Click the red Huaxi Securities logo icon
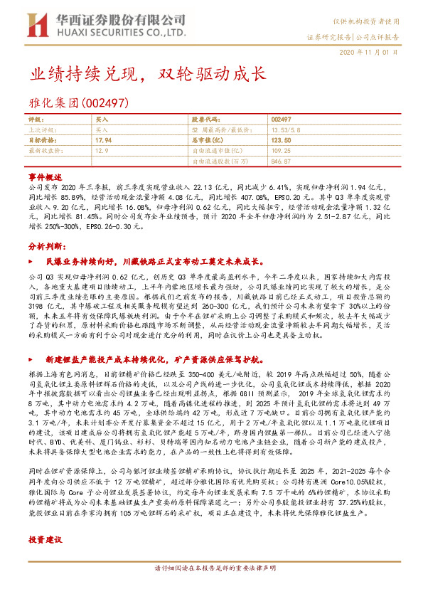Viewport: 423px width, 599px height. pos(38,23)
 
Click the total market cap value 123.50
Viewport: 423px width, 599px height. pos(280,141)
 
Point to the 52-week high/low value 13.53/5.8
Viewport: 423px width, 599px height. pos(284,131)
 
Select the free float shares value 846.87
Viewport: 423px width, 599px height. pos(281,161)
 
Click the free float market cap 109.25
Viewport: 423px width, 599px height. pos(282,151)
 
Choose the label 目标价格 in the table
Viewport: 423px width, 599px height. pos(41,141)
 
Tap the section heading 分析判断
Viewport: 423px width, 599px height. pos(45,245)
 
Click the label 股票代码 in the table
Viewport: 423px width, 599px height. pos(205,120)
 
